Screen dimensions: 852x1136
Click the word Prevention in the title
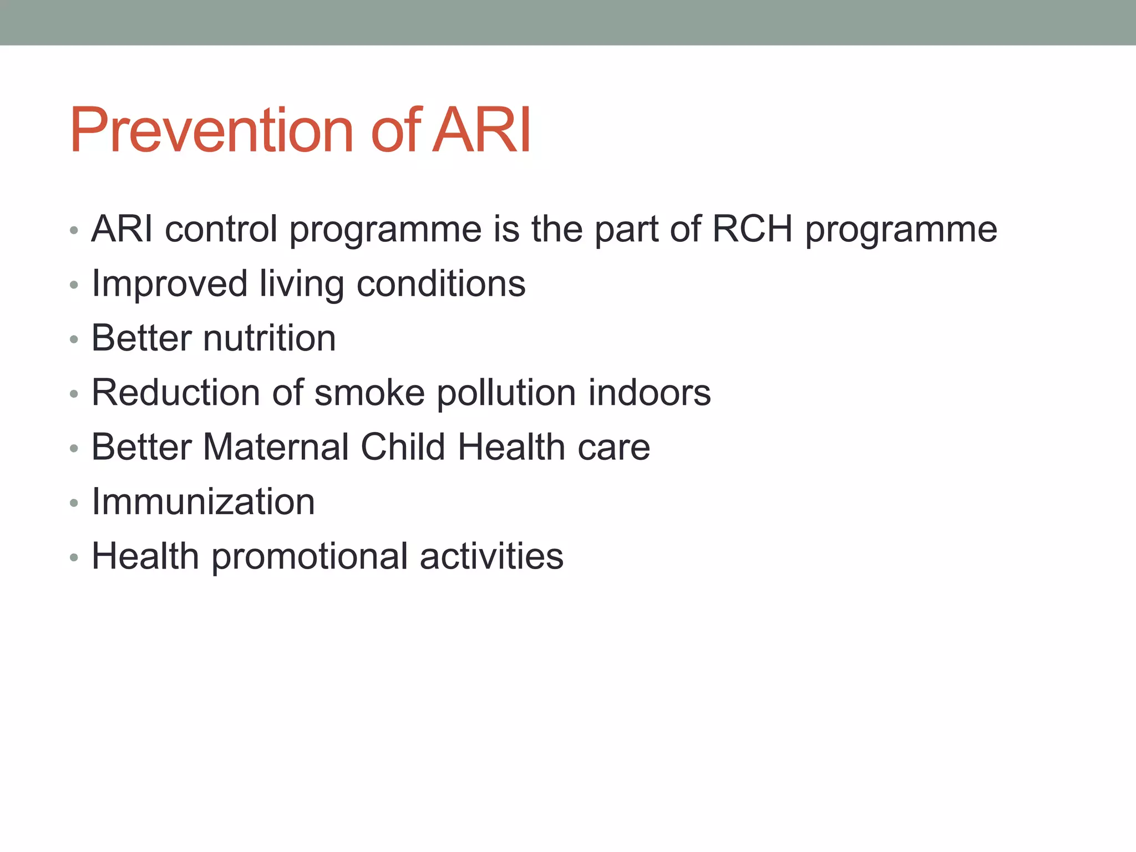pos(211,131)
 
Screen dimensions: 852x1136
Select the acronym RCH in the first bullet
pos(752,229)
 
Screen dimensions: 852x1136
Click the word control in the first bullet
pos(221,229)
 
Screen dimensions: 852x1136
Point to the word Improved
pos(169,284)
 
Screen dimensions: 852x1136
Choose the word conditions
pos(440,284)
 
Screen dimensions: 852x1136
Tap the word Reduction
pos(175,393)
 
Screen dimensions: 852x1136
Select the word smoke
pos(369,393)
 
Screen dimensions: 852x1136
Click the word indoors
pos(649,393)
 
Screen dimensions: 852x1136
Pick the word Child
pos(403,447)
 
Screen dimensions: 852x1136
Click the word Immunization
pos(203,502)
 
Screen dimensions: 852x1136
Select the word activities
pos(491,556)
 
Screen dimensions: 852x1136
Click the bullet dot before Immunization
pos(74,504)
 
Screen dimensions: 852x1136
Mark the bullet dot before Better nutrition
pos(74,340)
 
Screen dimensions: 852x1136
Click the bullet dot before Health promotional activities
pos(74,558)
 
